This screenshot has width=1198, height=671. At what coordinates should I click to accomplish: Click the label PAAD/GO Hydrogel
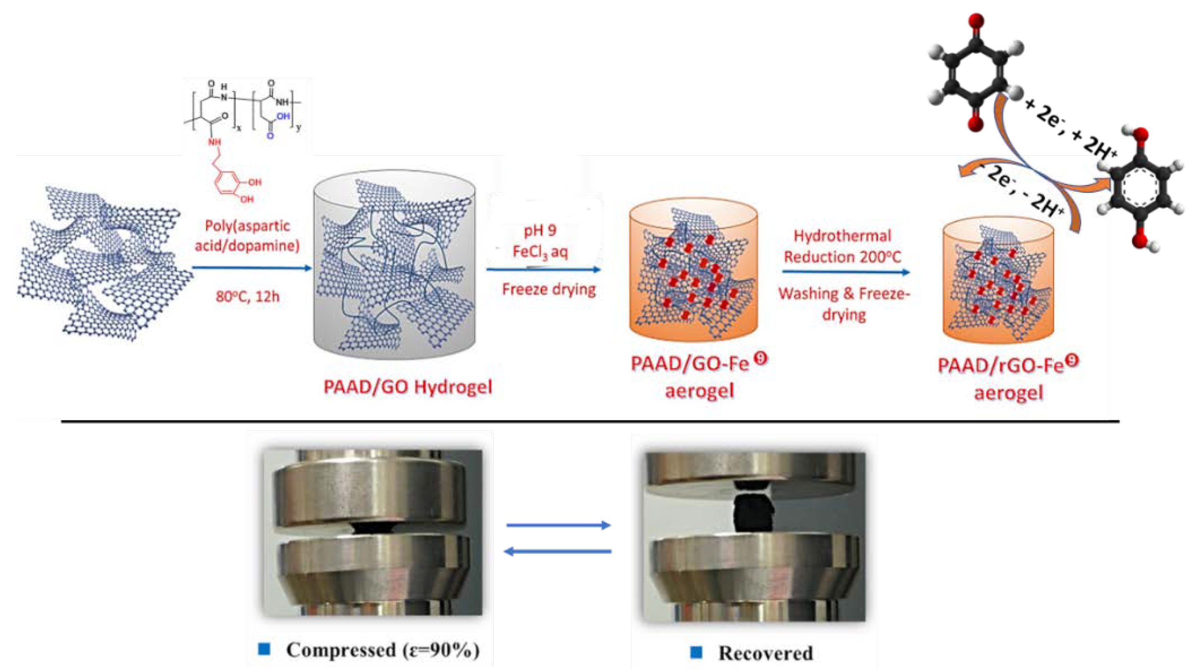[407, 387]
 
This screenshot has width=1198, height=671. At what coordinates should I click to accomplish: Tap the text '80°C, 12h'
[247, 296]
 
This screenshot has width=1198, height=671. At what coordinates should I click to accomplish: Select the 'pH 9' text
[540, 231]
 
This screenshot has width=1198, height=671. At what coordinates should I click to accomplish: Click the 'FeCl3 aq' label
[540, 252]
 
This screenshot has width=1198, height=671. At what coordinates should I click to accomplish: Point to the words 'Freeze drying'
[549, 289]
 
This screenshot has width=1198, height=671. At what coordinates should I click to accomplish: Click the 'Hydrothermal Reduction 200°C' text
[842, 246]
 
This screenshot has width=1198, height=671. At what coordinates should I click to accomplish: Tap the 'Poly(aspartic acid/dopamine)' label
[247, 236]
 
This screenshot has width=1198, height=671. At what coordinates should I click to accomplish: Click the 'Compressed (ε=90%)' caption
[382, 649]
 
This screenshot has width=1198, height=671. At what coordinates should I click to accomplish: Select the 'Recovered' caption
[765, 653]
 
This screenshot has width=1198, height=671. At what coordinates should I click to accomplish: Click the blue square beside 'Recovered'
[696, 652]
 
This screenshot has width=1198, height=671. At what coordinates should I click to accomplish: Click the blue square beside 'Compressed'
[264, 649]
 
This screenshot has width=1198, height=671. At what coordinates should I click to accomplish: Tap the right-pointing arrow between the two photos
[558, 525]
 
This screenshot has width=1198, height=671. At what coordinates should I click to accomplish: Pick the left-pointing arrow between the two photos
[558, 551]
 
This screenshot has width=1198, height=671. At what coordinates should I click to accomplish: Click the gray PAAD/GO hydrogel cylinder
[394, 265]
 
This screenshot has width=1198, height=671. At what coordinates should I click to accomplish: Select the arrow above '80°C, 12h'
[252, 268]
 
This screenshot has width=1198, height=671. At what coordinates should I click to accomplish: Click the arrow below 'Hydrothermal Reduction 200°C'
[846, 272]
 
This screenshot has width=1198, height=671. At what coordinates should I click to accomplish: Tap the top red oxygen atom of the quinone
[976, 21]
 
